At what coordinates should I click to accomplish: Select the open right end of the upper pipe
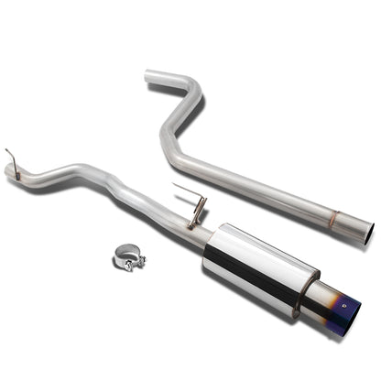click(366, 226)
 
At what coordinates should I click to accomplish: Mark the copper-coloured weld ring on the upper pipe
click(333, 219)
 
